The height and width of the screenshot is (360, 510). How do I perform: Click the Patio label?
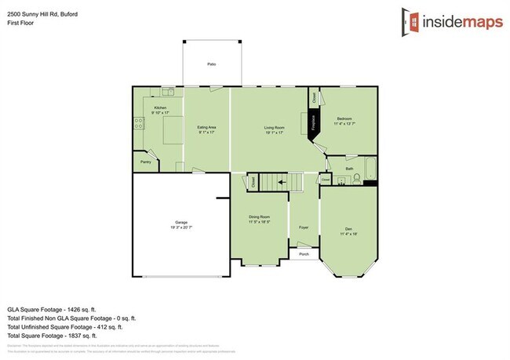click(x=211, y=64)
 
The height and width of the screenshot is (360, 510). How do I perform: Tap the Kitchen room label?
click(x=160, y=107)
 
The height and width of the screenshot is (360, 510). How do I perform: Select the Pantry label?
click(x=145, y=162)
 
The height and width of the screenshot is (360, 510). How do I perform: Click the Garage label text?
click(x=180, y=223)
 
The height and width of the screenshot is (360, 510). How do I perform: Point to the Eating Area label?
click(x=206, y=129)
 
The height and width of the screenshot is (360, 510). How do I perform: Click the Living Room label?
click(x=273, y=129)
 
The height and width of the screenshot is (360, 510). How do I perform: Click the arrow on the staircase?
click(x=279, y=183)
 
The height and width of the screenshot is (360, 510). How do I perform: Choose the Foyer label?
click(x=303, y=227)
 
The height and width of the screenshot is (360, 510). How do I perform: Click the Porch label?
click(x=303, y=253)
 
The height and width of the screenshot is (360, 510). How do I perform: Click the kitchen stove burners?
click(x=137, y=123)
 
